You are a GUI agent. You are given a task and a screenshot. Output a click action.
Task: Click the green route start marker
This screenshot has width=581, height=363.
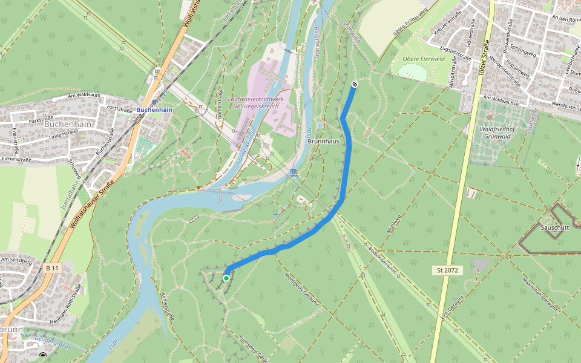coord(226,278)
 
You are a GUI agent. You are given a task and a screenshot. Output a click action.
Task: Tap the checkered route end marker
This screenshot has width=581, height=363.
coord(354,85)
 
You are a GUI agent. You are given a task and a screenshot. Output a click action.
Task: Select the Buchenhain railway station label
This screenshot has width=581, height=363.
coord(154,110)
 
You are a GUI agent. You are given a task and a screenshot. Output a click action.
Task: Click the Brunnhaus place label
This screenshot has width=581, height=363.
coord(323,140)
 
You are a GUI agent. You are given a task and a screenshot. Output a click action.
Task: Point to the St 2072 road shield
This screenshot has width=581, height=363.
coord(447,269)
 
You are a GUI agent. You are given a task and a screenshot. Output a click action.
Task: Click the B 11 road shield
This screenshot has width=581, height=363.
coord(53,268)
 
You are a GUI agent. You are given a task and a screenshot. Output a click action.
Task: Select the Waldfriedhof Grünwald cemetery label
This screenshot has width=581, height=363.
coord(499,133)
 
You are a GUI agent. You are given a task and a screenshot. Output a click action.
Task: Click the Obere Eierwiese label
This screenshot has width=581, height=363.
coord(424,59)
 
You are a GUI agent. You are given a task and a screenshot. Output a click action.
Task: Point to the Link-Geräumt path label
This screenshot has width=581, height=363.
coord(452,307)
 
